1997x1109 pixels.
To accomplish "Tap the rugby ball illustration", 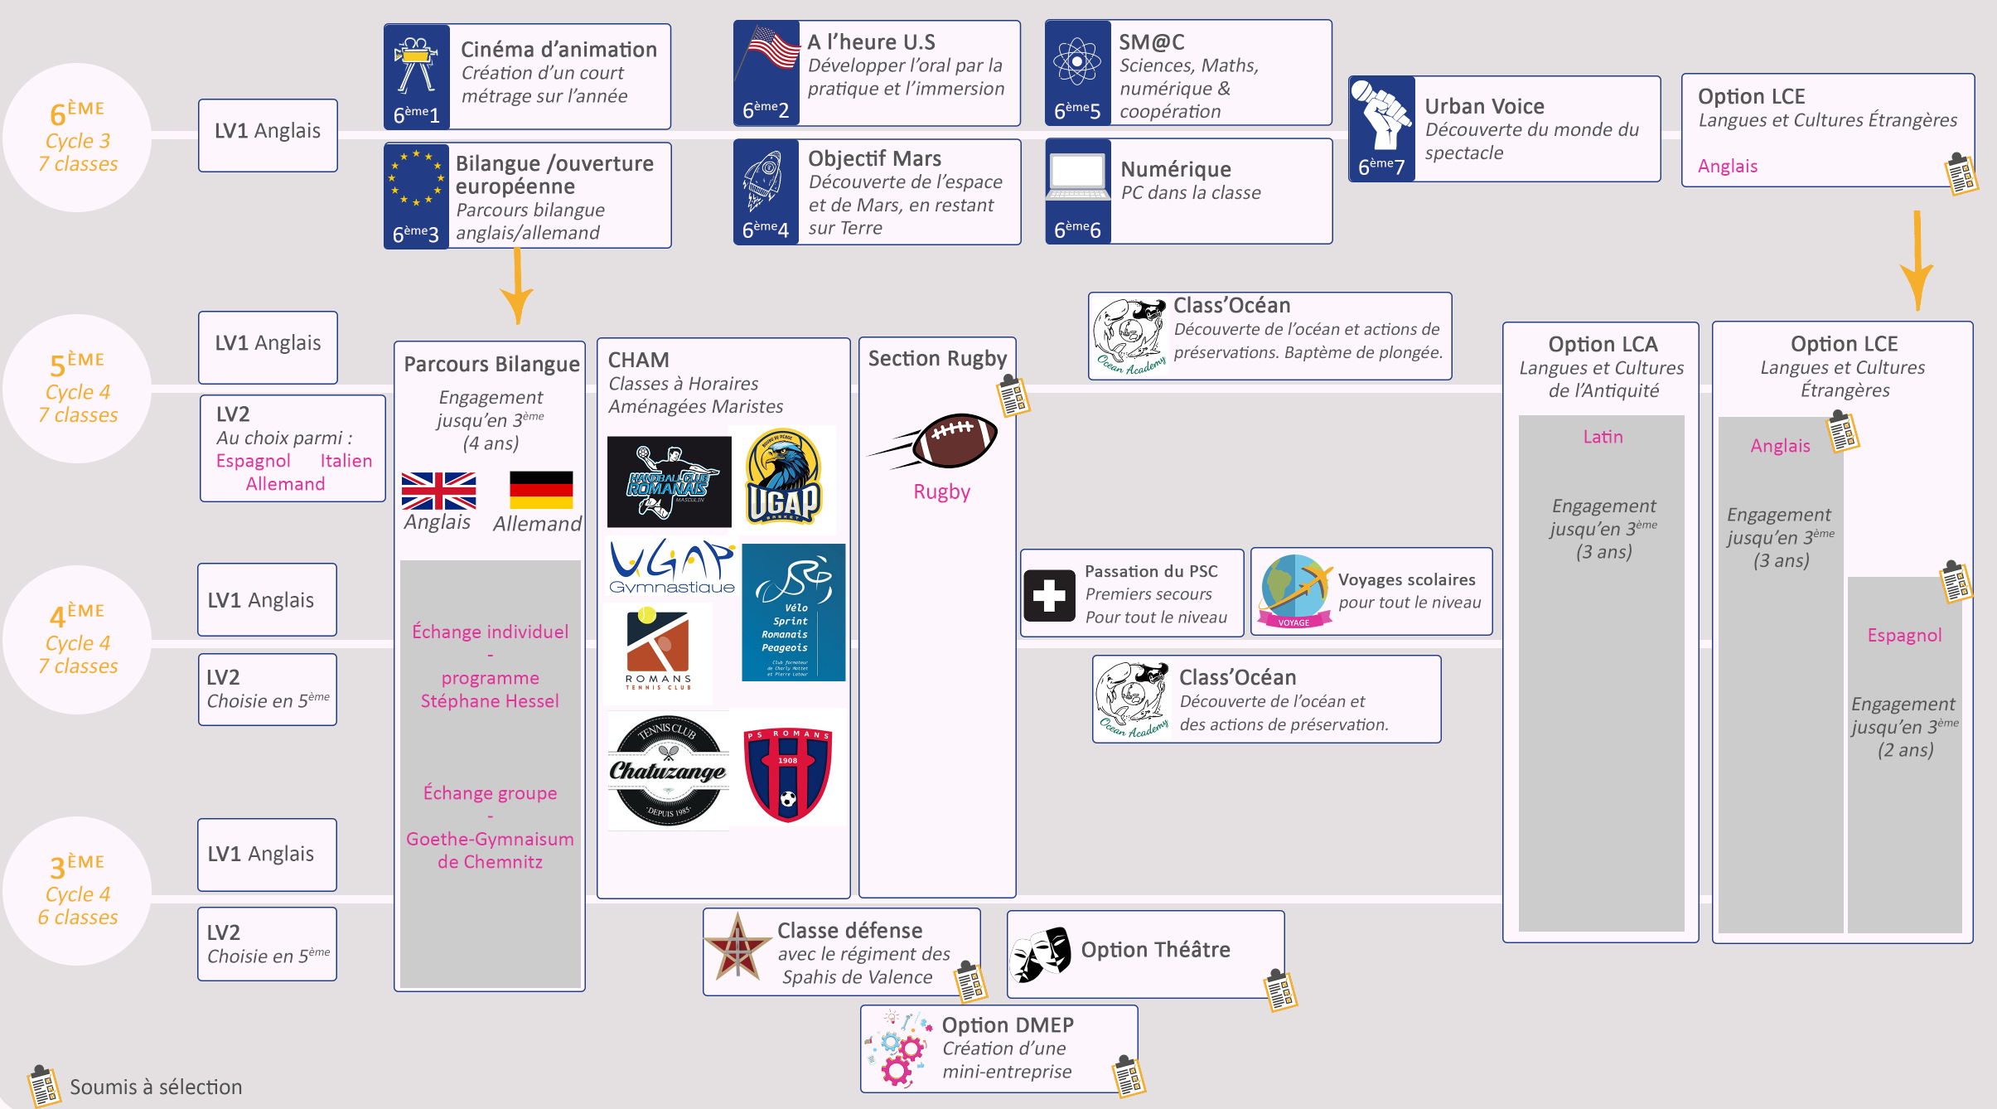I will point(953,439).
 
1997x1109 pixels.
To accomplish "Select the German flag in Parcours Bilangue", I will point(541,490).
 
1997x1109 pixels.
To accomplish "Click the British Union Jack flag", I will point(438,491).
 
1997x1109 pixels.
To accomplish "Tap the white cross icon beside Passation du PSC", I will point(1049,595).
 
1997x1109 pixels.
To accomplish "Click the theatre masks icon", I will point(1042,954).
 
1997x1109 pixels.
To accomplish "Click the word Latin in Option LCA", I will point(1603,437).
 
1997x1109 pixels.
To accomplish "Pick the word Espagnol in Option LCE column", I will point(1904,635).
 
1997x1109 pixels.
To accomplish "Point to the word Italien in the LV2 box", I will point(346,461).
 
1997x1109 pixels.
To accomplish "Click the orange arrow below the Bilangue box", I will point(517,286).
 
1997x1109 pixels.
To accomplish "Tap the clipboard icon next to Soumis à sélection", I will point(43,1086).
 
